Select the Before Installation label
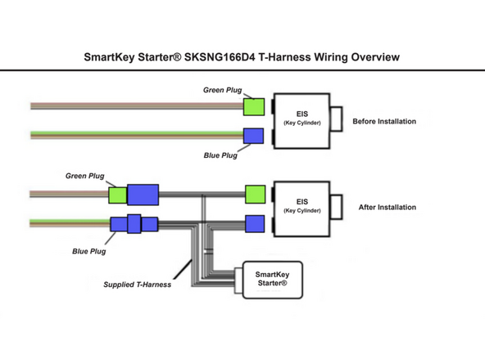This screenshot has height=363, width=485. tap(383, 121)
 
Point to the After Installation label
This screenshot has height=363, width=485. tap(387, 208)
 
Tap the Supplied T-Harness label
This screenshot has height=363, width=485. tap(137, 285)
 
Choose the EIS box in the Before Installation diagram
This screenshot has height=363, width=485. tap(301, 119)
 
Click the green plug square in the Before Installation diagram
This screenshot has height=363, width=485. tap(254, 106)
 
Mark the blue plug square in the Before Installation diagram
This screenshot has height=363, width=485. tap(254, 136)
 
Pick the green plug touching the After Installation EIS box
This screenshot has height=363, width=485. tap(254, 194)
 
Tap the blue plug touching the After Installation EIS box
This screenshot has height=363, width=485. tap(254, 223)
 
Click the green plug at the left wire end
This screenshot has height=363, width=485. tap(118, 195)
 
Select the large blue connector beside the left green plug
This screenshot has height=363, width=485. tap(142, 195)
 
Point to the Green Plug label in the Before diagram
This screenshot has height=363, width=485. tap(222, 90)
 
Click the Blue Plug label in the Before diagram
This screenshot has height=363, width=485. tap(220, 155)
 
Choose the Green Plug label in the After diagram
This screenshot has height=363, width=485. tap(85, 176)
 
